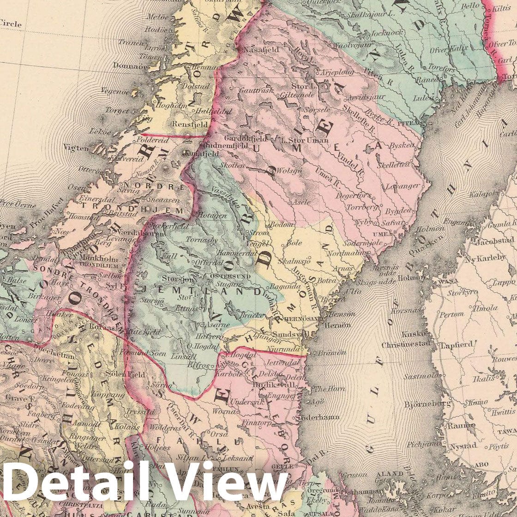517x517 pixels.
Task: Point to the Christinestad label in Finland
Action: click(x=403, y=345)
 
